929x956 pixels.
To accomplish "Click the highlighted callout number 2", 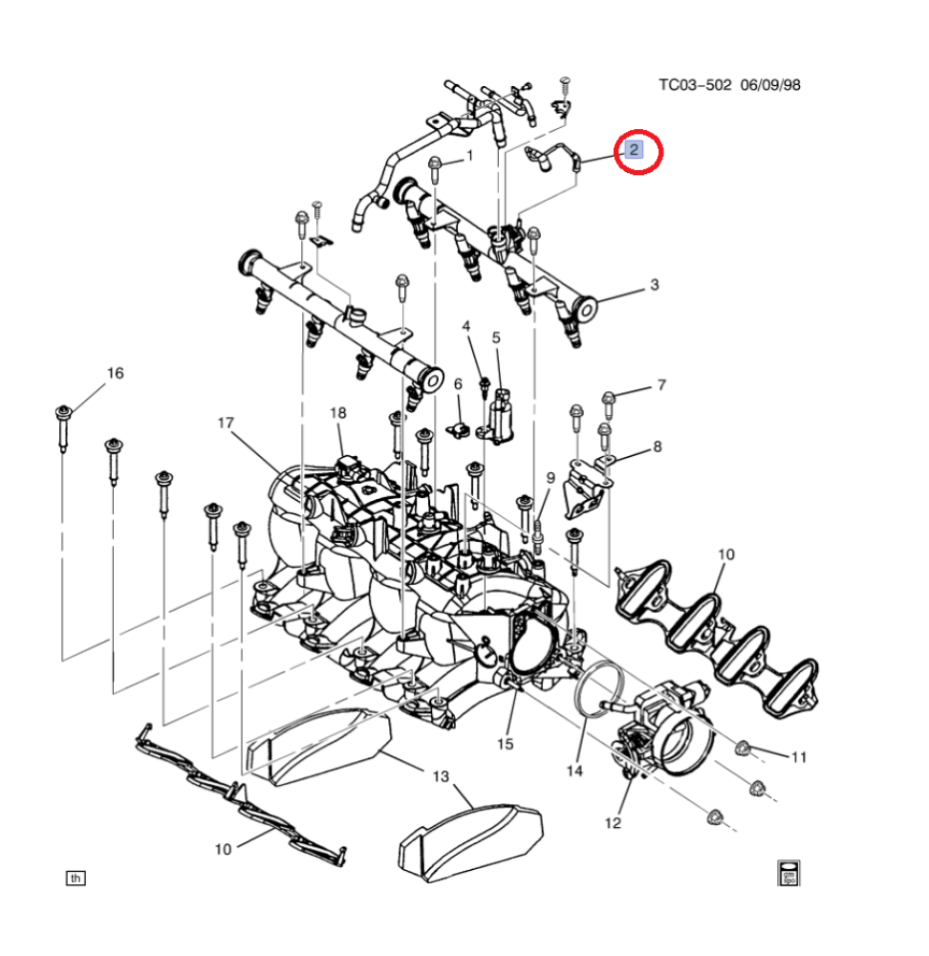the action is (634, 150).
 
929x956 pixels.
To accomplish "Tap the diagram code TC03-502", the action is (694, 85).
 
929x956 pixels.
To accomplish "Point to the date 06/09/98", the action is (770, 85).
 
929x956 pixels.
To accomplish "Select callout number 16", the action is (116, 373).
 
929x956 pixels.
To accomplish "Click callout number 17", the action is (226, 423).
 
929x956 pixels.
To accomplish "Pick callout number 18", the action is (337, 413).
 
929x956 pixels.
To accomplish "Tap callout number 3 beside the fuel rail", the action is (654, 285).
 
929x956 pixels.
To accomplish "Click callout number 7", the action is (661, 384).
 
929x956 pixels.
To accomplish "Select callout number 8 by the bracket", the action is (658, 446).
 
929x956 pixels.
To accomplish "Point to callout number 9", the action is (551, 478).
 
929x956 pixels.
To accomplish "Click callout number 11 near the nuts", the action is (799, 757).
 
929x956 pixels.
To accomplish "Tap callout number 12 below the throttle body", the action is (613, 823).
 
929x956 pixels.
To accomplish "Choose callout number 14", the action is (574, 771).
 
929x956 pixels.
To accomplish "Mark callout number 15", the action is (505, 744).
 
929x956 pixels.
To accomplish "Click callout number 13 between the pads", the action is (440, 776).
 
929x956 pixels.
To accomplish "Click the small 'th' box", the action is (76, 878).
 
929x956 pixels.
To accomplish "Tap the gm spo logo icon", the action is (789, 873).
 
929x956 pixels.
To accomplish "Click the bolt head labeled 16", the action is (63, 413).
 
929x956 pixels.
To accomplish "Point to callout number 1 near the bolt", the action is (469, 156).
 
